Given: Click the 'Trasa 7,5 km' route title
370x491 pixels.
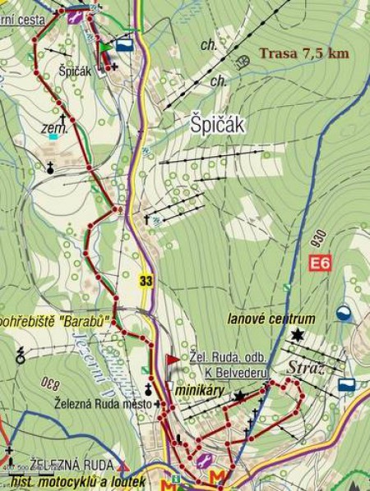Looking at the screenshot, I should (303, 53).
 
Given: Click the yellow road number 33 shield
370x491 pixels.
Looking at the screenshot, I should (146, 282).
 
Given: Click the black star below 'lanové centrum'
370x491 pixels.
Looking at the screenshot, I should (296, 334).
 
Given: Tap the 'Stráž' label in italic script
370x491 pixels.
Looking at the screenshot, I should (306, 366).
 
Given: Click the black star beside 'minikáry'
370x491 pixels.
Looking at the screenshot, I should (238, 396).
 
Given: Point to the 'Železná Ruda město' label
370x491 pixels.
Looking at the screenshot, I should (104, 403).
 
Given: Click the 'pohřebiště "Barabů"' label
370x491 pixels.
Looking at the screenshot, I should (55, 321).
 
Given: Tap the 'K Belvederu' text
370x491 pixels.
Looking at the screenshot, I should (237, 372).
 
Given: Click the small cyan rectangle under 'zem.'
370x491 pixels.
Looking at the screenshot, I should (53, 136).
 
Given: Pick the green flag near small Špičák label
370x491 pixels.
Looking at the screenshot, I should (105, 48).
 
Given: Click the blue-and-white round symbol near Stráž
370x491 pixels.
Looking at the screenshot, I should (343, 313).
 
